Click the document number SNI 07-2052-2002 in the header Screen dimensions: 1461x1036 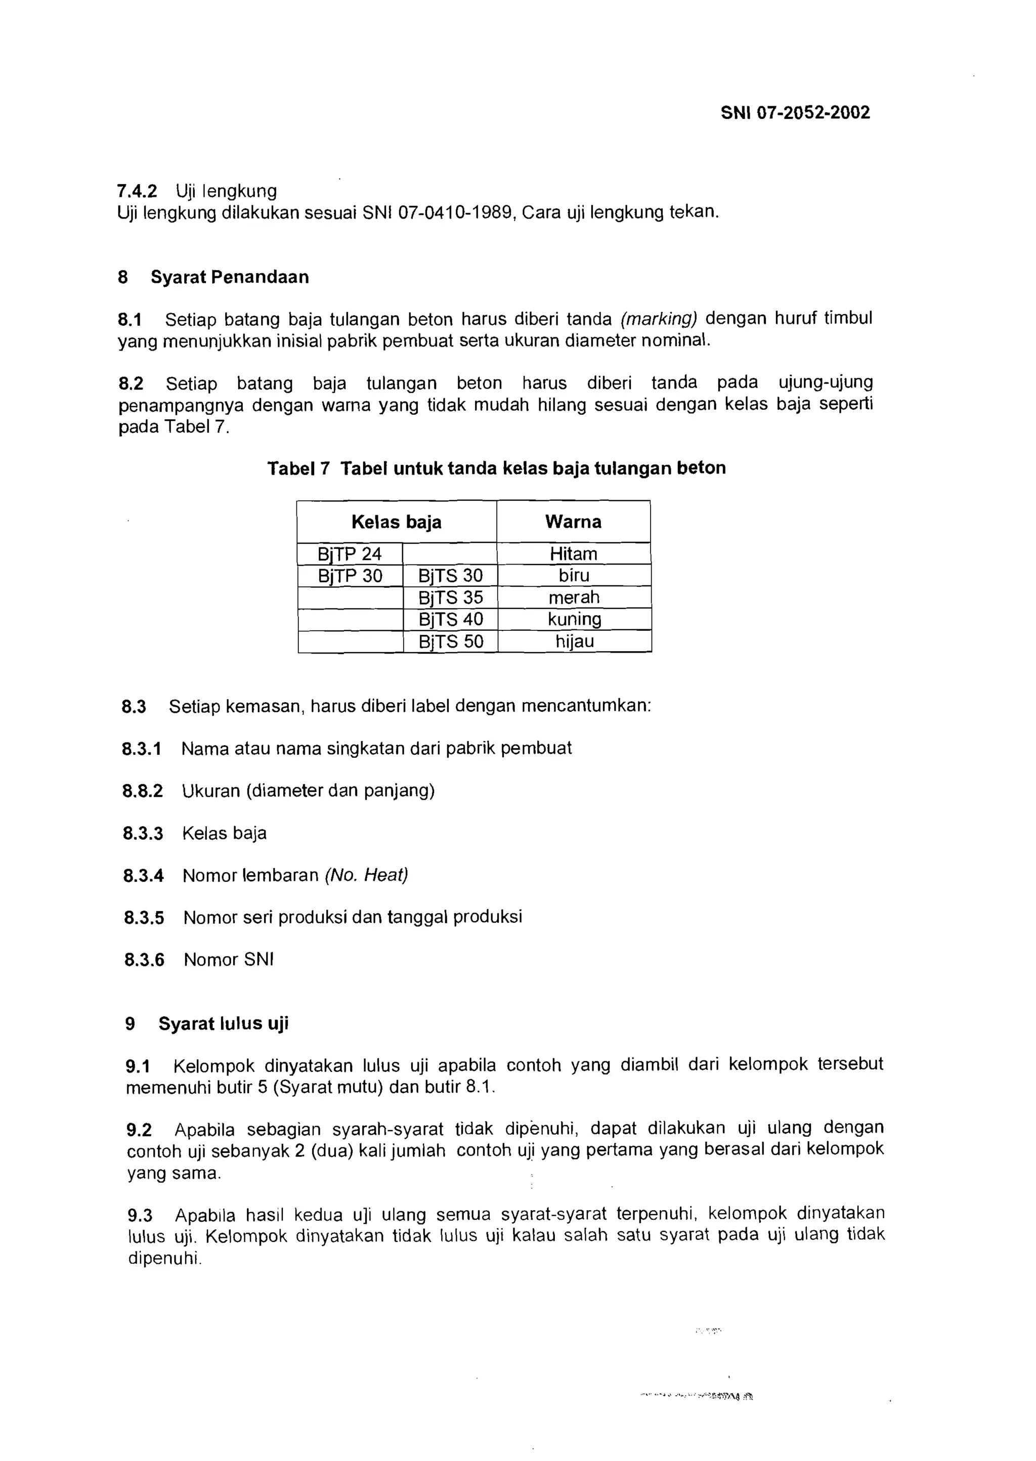(x=795, y=113)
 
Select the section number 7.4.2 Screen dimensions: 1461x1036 (x=137, y=191)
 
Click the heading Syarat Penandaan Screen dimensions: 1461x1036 (x=230, y=277)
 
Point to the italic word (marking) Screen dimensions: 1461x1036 (x=659, y=318)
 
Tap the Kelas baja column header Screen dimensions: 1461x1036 (x=396, y=522)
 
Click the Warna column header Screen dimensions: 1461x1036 (x=573, y=522)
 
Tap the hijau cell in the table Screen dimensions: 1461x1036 (x=574, y=641)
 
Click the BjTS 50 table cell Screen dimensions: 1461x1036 (x=450, y=641)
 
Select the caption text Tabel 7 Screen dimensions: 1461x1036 (x=298, y=468)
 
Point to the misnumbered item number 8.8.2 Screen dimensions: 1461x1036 (x=142, y=791)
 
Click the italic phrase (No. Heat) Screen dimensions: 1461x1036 (x=366, y=875)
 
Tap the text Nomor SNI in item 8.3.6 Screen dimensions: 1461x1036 (x=228, y=960)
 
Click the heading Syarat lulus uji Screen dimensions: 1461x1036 (x=223, y=1023)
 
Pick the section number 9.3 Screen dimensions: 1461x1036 (x=140, y=1216)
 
